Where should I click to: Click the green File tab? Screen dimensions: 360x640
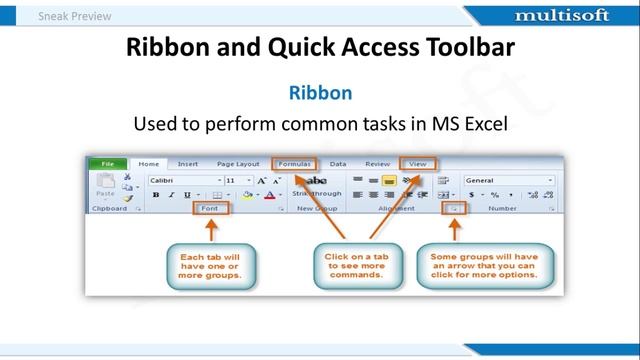(x=106, y=163)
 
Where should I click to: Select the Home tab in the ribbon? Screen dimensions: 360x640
(x=149, y=163)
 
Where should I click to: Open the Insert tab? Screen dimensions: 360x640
(x=187, y=163)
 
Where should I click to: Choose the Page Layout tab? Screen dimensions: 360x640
(x=238, y=163)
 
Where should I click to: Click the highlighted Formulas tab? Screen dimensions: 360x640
(x=295, y=163)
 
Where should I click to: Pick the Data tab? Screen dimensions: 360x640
(x=338, y=163)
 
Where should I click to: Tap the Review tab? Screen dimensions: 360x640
(x=377, y=163)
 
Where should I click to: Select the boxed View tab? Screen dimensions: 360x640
(x=417, y=163)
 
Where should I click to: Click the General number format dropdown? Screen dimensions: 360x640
(x=508, y=180)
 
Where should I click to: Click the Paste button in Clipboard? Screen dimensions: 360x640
(x=104, y=188)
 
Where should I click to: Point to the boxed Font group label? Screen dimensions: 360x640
(x=210, y=208)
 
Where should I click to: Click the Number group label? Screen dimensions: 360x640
(x=501, y=208)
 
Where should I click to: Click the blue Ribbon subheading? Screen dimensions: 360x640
(x=320, y=93)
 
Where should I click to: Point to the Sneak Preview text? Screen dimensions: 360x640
(x=75, y=16)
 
